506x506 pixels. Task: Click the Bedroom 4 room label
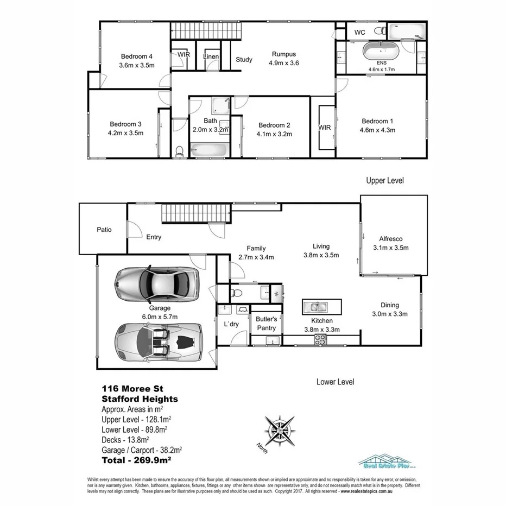[x=136, y=56]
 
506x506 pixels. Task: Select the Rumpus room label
[x=284, y=54]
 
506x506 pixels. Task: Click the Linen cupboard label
[x=211, y=56]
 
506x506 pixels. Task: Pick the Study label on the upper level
[x=244, y=60]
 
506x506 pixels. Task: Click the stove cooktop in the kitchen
[x=320, y=340]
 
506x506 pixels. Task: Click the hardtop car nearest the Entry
[x=156, y=281]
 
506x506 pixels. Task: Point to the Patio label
[x=104, y=230]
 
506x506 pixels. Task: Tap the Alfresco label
[x=390, y=238]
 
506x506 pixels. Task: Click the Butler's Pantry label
[x=267, y=324]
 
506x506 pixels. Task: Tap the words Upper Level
[x=384, y=180]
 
